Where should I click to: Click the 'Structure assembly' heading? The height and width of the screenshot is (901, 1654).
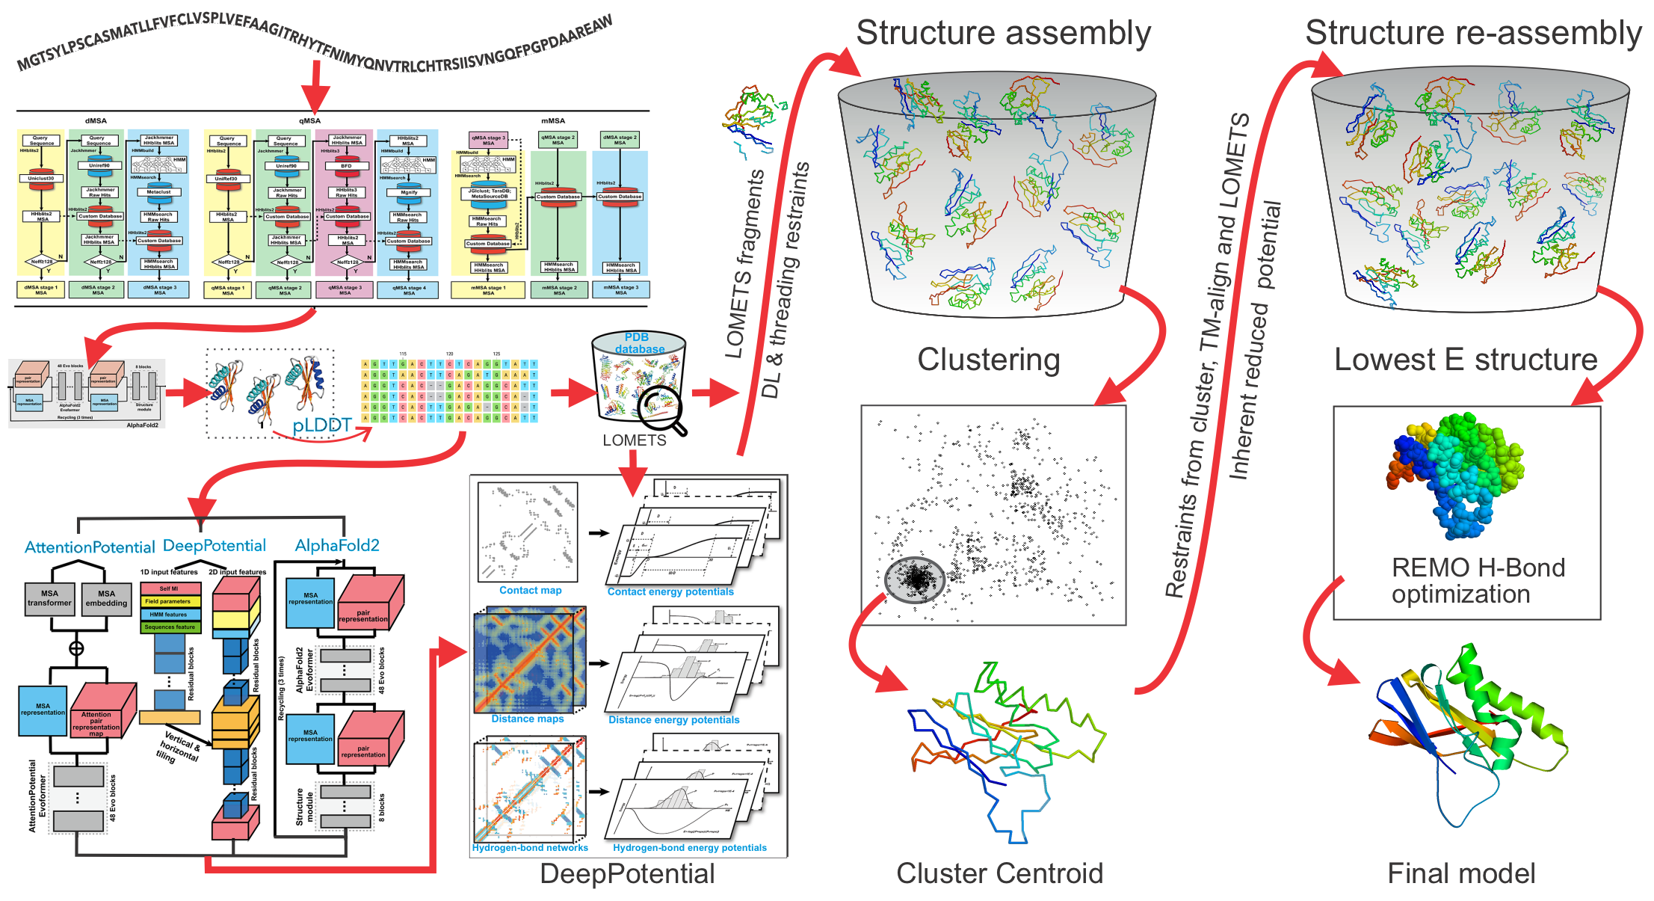pos(1003,34)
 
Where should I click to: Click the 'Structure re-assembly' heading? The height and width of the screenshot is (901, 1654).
pos(1473,34)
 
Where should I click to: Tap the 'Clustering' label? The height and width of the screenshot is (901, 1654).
pos(988,360)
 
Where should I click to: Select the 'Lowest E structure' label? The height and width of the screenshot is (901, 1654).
pos(1466,360)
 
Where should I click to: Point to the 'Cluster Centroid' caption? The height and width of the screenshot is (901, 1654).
pos(999,873)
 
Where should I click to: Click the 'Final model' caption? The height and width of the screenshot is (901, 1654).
pos(1461,873)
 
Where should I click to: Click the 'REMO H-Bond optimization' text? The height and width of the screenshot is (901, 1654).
pos(1478,581)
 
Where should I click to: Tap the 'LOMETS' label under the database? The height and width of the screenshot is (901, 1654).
pos(635,440)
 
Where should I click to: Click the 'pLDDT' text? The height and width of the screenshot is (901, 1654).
pos(321,425)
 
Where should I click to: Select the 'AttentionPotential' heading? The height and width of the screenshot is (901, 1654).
pos(90,547)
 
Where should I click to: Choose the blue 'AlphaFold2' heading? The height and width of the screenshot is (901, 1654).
pos(337,546)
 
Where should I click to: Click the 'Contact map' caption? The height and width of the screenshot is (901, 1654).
pos(530,591)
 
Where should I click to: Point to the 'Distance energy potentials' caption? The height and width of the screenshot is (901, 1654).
pos(673,720)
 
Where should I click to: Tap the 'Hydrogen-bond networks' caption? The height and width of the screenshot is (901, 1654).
pos(530,848)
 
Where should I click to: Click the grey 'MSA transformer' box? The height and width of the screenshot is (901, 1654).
pos(49,598)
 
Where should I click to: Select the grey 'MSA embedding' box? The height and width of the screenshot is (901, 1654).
pos(106,598)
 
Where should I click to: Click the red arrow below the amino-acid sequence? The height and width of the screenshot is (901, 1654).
pos(315,86)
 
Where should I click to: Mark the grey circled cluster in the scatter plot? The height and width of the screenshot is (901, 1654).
pos(914,579)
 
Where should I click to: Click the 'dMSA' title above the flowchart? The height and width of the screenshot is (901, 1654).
pos(96,120)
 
